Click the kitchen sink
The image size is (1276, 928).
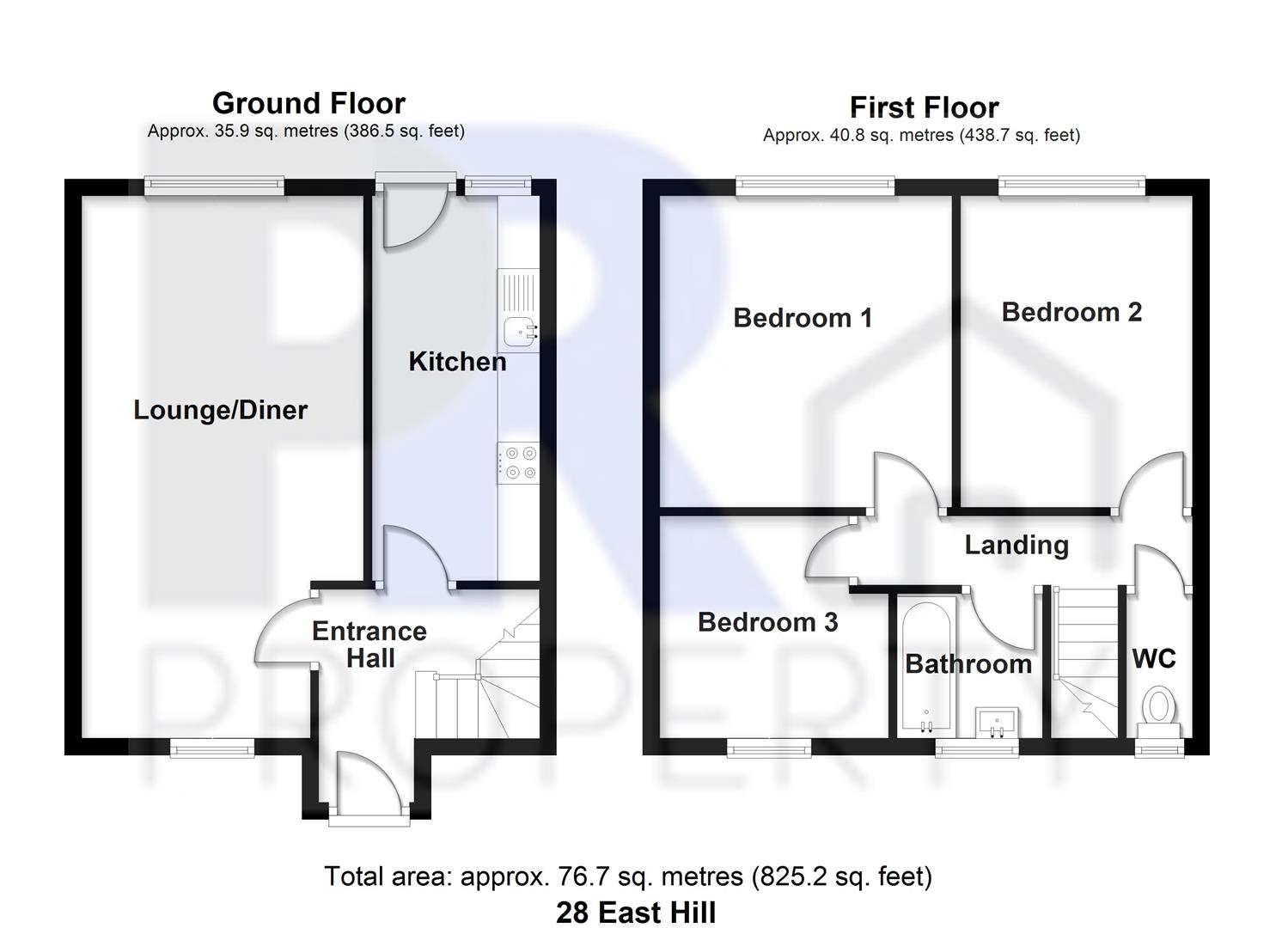click(x=519, y=330)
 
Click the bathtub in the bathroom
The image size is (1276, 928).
click(x=925, y=666)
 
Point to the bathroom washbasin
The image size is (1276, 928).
click(x=997, y=722)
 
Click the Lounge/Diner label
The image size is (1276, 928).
click(x=220, y=410)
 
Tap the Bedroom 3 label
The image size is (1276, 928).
click(x=767, y=622)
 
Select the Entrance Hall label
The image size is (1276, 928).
click(x=369, y=644)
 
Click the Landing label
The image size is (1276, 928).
click(x=1017, y=545)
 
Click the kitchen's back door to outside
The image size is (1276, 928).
click(x=412, y=215)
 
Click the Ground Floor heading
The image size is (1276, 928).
click(x=308, y=103)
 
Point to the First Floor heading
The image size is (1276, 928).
click(x=924, y=107)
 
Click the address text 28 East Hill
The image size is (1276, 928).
click(x=636, y=912)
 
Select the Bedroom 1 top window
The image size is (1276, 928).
click(x=815, y=186)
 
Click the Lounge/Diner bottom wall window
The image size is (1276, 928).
click(x=212, y=749)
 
